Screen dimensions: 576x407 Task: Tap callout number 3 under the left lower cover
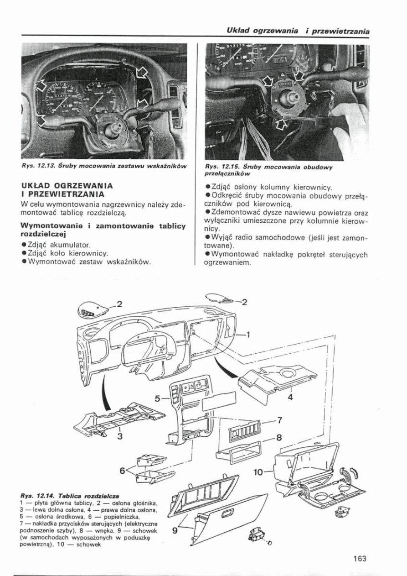point(120,435)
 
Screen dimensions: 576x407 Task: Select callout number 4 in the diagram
point(290,397)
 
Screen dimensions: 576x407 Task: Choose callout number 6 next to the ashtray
point(122,470)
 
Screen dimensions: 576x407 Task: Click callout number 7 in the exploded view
point(280,420)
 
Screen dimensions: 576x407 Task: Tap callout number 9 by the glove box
point(175,530)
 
